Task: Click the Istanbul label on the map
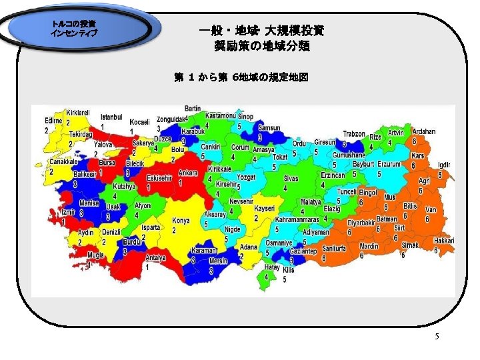pos(111,117)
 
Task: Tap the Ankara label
pos(188,173)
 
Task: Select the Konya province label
pos(181,221)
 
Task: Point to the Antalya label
pos(155,258)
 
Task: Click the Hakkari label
pos(443,241)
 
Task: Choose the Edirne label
pos(53,120)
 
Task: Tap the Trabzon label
pos(354,133)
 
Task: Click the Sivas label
pos(291,179)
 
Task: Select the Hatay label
pos(271,267)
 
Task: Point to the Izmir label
pos(69,211)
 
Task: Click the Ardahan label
pos(423,132)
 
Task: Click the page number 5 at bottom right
pos(437,337)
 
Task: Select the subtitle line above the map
pos(241,77)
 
